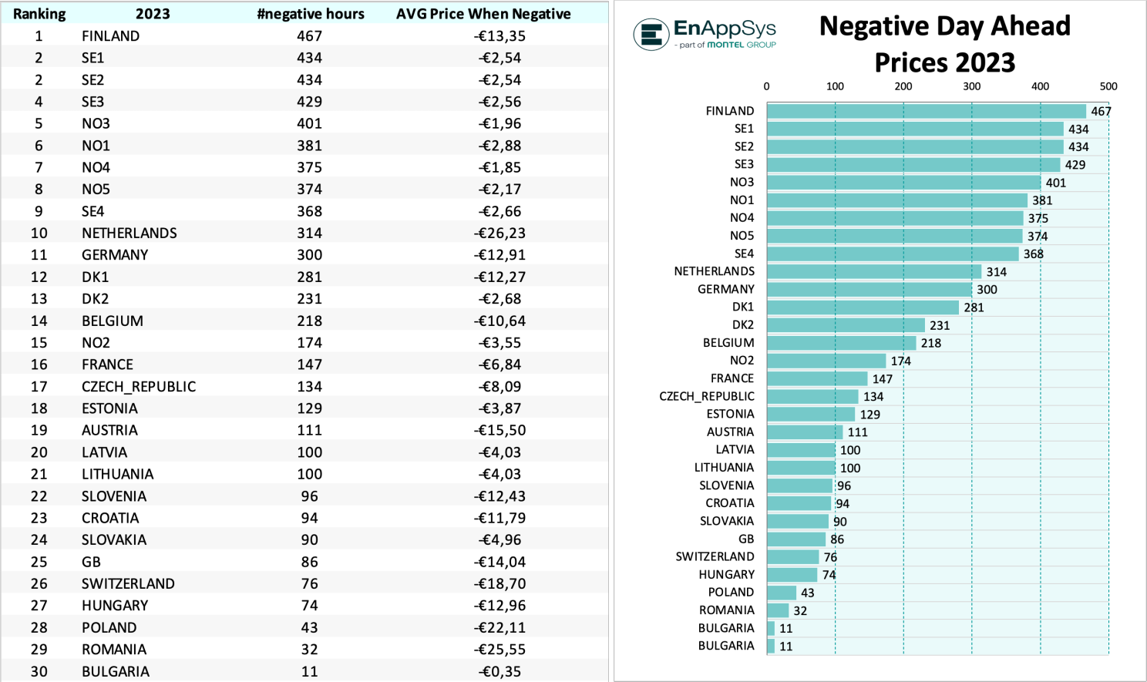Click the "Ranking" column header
point(39,14)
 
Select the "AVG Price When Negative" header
point(483,14)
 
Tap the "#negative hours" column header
point(311,14)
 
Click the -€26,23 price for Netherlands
point(499,233)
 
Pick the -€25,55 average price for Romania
point(499,650)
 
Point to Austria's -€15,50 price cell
point(499,430)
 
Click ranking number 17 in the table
point(39,386)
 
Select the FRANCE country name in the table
point(107,365)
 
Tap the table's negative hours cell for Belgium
point(310,321)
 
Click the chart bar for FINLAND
point(926,111)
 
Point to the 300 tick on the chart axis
point(971,86)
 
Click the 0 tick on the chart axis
point(766,86)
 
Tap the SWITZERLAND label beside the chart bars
point(715,556)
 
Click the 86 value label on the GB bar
point(837,539)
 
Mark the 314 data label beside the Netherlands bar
point(996,272)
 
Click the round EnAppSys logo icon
point(651,35)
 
